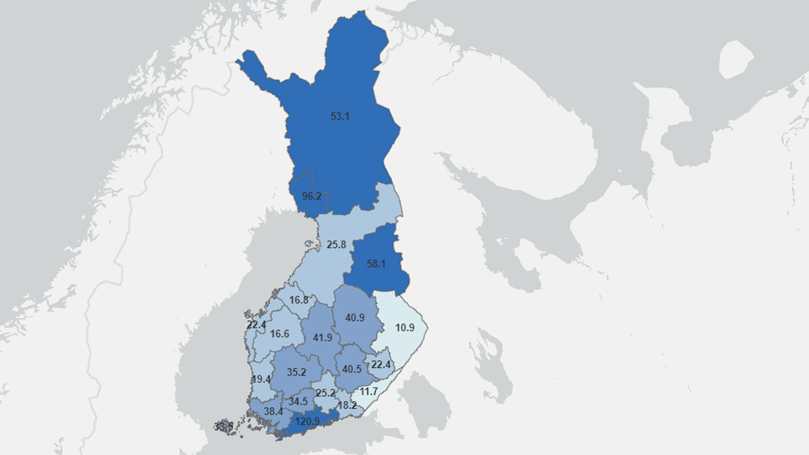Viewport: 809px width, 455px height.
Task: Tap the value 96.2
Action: tap(312, 197)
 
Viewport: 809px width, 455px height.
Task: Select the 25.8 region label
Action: tap(336, 244)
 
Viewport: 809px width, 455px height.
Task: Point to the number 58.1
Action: tap(376, 264)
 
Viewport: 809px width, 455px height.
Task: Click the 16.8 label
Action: tap(299, 300)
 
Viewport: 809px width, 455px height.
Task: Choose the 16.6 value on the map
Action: tap(279, 334)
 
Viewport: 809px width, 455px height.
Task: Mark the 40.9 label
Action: tap(354, 317)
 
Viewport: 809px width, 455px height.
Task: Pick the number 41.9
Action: tap(323, 338)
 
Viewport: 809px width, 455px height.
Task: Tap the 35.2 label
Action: tap(296, 373)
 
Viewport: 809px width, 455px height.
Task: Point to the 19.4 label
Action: tap(261, 379)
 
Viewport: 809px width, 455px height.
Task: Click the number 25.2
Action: tap(324, 393)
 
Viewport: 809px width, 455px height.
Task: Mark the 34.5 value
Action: tap(298, 401)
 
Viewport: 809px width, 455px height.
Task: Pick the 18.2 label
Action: tap(347, 406)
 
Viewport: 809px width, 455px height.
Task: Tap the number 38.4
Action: tap(274, 411)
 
